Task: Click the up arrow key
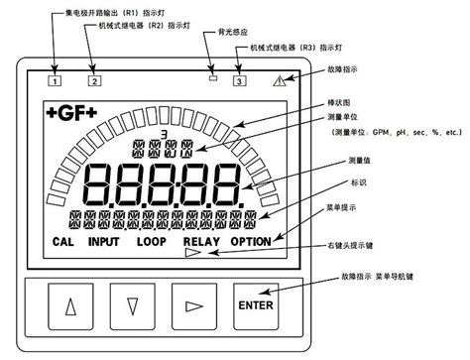click(x=69, y=305)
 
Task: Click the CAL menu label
click(x=63, y=241)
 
